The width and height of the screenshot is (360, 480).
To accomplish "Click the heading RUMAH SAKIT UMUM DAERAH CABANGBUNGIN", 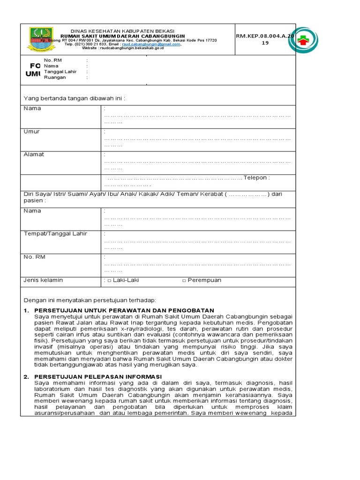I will (123, 36).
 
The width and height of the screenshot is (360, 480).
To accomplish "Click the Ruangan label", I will (55, 77).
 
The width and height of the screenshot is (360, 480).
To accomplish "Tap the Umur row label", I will (31, 132).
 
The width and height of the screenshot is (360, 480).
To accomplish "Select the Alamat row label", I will (34, 155).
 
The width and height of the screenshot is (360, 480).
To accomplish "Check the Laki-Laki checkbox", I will (109, 281).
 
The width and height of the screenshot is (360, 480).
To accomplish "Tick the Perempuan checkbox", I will (184, 281).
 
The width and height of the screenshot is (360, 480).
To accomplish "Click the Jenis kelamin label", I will (43, 280).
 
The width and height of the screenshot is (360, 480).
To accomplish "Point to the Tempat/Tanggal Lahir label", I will (55, 234).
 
